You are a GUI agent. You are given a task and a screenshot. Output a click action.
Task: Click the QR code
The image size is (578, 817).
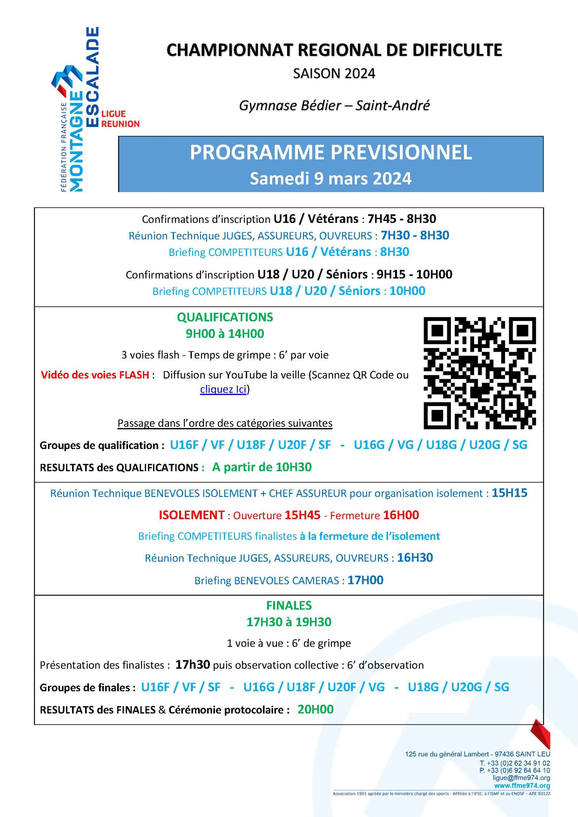[479, 373]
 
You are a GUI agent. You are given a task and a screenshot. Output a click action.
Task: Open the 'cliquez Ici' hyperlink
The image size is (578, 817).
[223, 389]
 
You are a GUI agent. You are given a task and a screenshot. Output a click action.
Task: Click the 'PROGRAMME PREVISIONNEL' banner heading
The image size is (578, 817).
[331, 152]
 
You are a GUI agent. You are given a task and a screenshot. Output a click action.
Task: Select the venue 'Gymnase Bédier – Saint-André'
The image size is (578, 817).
[334, 105]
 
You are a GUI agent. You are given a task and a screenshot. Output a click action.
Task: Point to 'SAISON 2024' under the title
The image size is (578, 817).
[334, 74]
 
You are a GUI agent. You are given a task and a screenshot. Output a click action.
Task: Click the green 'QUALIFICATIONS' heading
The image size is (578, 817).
[225, 317]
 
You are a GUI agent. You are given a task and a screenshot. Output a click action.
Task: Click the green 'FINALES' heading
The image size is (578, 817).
[289, 605]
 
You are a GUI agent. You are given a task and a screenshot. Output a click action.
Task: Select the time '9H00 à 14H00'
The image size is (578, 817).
[225, 334]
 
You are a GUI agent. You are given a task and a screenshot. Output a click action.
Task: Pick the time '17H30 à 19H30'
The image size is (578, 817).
[289, 622]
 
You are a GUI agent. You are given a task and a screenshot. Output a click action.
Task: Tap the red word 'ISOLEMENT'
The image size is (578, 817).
[191, 515]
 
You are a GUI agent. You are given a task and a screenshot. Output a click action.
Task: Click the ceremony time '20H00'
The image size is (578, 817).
[316, 709]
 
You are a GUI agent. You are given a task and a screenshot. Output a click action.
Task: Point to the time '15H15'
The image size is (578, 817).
[509, 493]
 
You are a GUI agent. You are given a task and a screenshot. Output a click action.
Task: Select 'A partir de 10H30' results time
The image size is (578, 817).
[262, 467]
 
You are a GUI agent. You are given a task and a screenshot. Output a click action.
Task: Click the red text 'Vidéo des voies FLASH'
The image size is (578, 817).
[95, 375]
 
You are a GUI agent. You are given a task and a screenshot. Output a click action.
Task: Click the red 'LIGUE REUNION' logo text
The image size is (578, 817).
[120, 119]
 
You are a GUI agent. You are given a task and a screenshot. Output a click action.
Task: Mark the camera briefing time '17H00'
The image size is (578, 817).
[365, 581]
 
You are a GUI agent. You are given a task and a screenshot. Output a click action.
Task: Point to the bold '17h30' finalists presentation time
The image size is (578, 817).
[192, 665]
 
